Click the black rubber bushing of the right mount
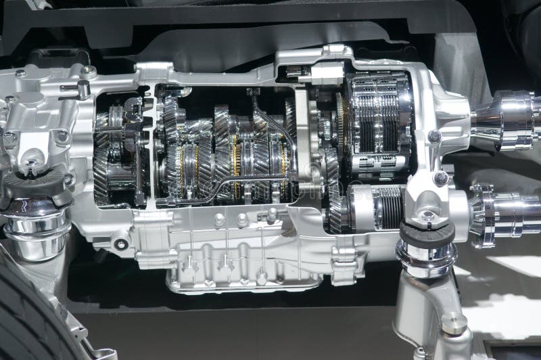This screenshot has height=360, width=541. coord(427,234)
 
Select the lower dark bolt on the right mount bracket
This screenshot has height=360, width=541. coord(440,179)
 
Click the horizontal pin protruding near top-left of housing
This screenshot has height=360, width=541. coord(72,87)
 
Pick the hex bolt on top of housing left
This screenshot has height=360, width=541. coord(88,70)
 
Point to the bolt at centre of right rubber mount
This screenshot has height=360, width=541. coord(427,217)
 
